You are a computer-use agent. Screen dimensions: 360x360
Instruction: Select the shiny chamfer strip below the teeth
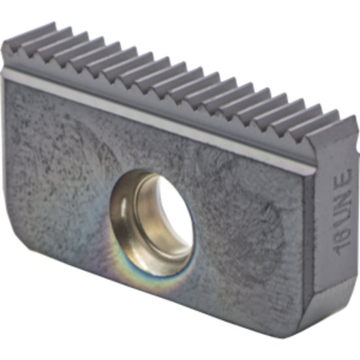coord(164,111)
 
